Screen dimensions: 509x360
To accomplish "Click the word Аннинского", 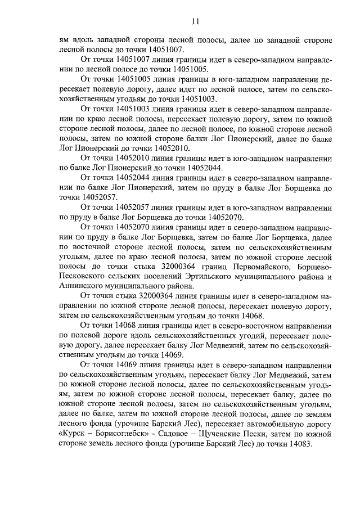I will coord(79,286).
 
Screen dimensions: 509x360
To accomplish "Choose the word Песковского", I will coord(80,276).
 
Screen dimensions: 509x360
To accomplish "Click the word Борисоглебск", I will coord(120,433).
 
